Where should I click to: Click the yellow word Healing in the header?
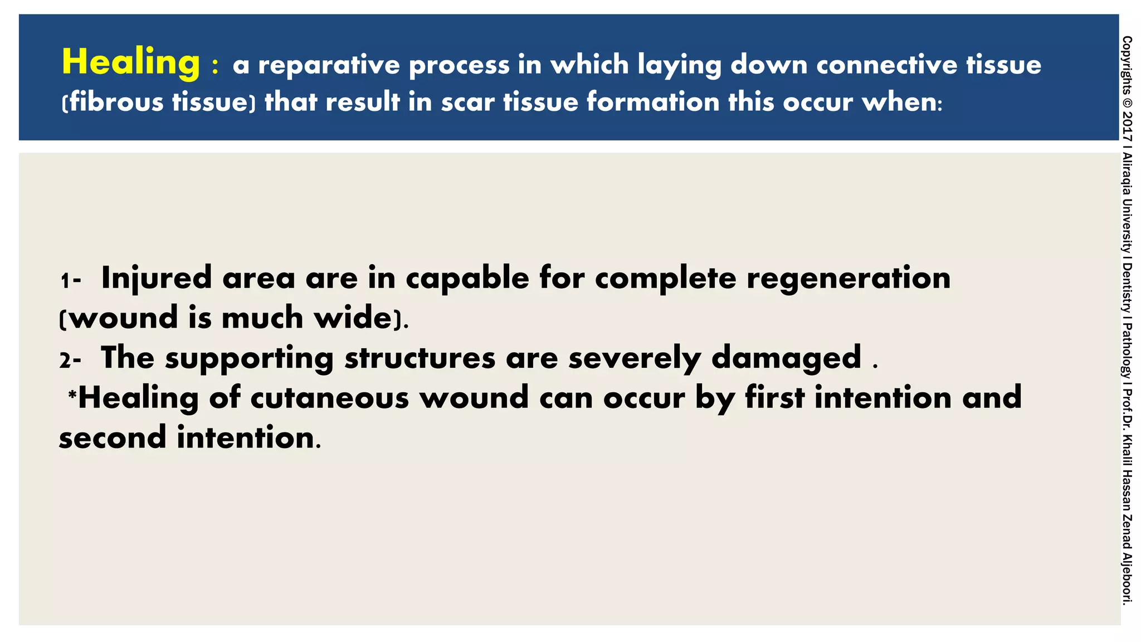[131, 62]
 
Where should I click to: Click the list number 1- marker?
[71, 280]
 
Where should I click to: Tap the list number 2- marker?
[71, 360]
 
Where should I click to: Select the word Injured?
[157, 278]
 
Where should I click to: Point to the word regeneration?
[848, 278]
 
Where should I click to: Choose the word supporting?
[249, 358]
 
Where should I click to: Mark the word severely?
[634, 358]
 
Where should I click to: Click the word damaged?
[786, 358]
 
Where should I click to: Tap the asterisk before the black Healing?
[72, 395]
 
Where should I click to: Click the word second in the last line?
[113, 437]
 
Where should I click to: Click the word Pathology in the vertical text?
[1127, 351]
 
